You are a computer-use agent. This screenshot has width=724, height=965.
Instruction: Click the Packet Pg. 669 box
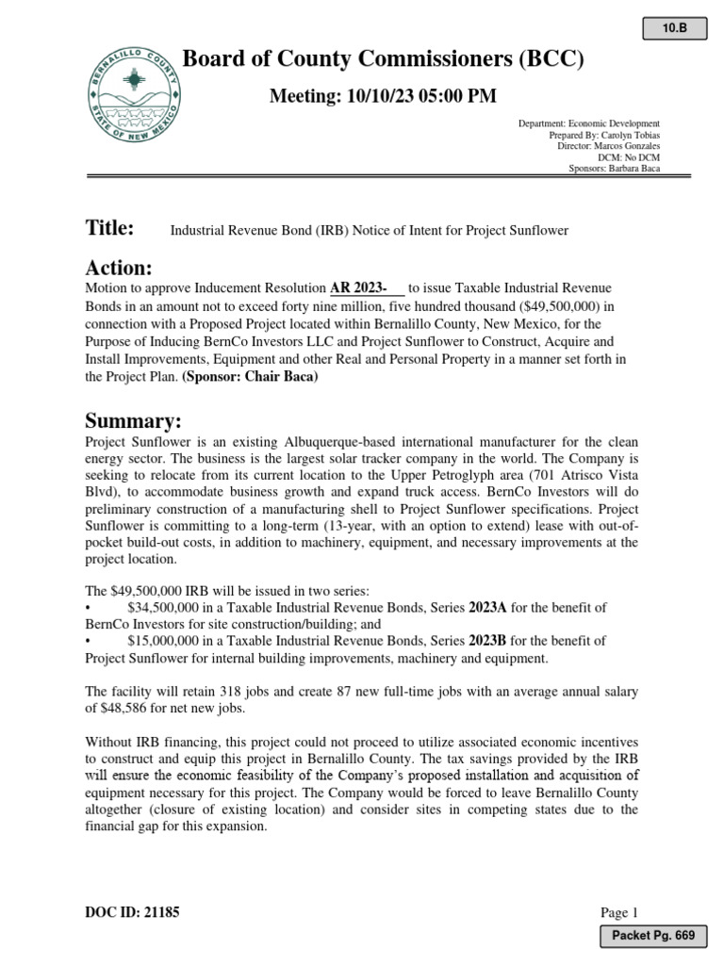click(x=654, y=935)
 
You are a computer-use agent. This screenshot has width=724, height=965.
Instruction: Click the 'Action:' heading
click(x=119, y=269)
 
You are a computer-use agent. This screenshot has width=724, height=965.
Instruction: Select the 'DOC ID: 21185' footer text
click(x=132, y=912)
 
